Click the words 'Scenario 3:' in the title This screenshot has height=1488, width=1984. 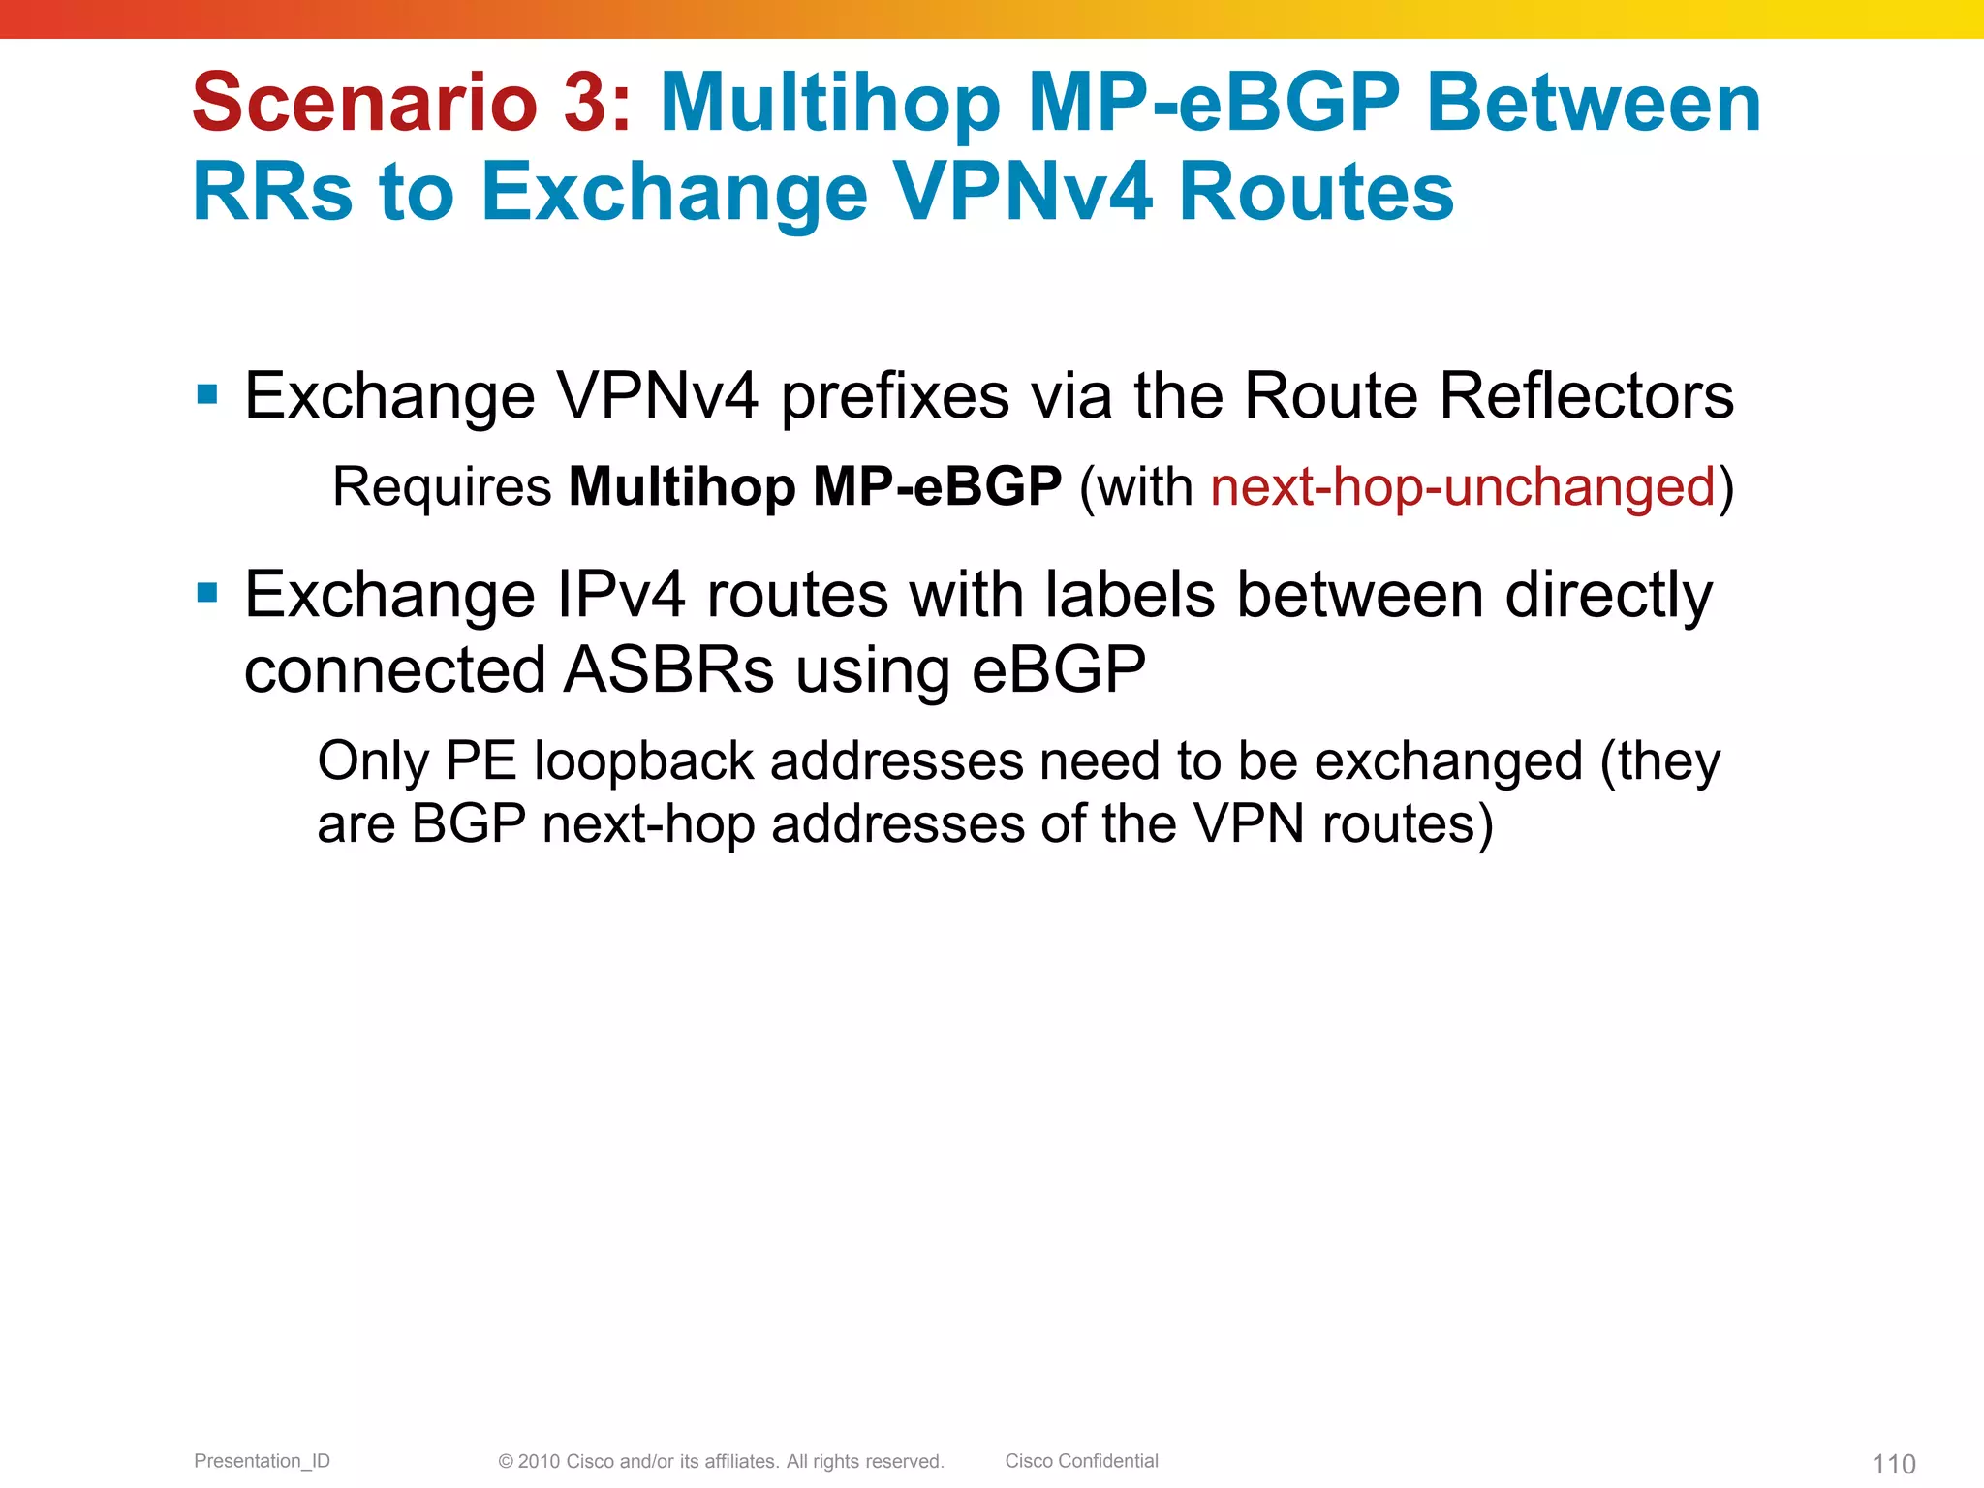coord(412,103)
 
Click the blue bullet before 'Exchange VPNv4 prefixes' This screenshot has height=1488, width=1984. coord(206,394)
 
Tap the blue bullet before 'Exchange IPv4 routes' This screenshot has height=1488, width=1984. coord(206,592)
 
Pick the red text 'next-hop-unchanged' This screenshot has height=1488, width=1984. coord(1463,486)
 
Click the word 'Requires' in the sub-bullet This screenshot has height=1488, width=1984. coord(442,486)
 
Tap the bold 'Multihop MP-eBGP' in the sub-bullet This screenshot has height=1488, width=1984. coord(815,486)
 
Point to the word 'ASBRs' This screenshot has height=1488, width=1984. coord(668,669)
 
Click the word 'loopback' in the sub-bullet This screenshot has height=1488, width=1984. coord(643,760)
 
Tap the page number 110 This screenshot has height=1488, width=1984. coord(1893,1464)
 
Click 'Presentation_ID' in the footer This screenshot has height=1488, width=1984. coord(262,1461)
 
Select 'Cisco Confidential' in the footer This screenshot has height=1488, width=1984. coord(1081,1461)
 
